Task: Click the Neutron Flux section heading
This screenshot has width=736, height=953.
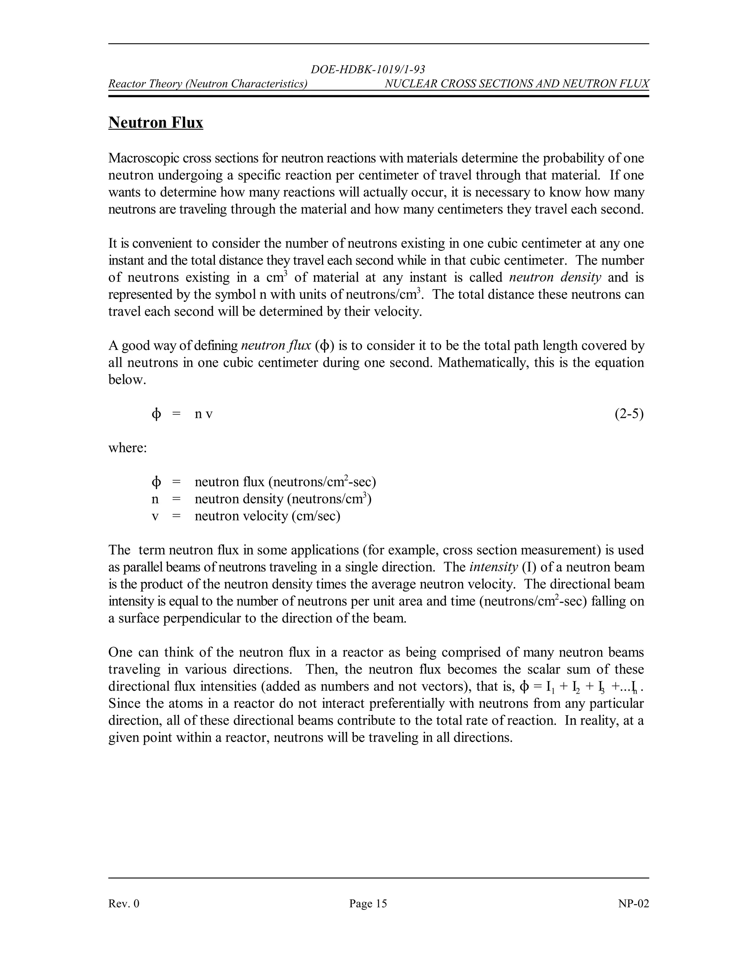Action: click(156, 123)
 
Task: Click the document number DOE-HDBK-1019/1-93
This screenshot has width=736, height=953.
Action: click(368, 69)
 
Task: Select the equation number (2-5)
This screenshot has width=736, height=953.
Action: click(629, 414)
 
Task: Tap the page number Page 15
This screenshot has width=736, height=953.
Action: click(368, 903)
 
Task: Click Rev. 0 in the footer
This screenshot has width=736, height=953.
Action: click(124, 903)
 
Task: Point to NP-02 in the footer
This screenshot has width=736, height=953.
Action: click(633, 903)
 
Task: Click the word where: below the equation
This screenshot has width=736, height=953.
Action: click(127, 448)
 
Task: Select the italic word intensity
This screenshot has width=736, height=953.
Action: click(493, 567)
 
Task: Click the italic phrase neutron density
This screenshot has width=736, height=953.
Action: click(555, 278)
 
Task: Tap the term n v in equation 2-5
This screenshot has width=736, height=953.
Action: click(204, 414)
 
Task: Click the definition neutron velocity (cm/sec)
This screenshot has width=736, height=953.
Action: click(267, 516)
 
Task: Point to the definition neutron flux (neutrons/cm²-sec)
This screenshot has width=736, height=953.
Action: click(285, 482)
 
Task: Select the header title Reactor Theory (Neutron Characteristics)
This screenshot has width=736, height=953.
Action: click(208, 83)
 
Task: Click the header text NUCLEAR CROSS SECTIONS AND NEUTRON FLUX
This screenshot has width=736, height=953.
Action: click(517, 83)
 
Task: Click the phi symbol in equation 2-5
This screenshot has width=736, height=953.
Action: click(156, 414)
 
